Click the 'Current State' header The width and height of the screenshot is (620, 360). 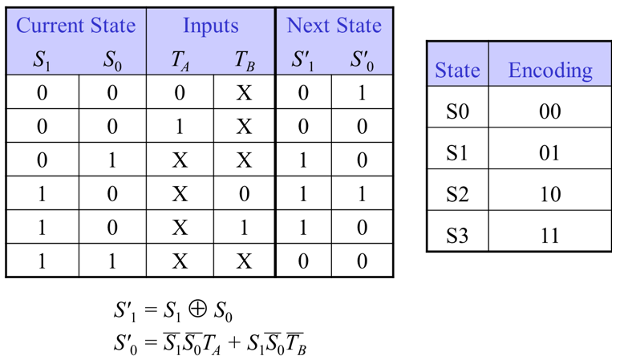coord(75,25)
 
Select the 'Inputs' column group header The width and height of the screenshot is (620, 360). coord(210,25)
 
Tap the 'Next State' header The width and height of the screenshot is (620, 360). coord(334,25)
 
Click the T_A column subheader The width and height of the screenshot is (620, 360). coord(180,60)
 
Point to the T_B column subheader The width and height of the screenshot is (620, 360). coord(244,60)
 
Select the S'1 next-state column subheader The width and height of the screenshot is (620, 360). coord(302,60)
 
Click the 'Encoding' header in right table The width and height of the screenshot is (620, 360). coord(550,71)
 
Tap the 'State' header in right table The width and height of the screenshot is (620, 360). coord(456,71)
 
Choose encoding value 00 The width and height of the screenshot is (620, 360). coord(550,111)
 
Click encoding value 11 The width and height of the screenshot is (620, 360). coord(550,236)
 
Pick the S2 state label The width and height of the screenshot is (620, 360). coord(457,194)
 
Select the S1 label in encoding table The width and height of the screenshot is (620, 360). coord(457,152)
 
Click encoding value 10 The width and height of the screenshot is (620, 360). coord(550,194)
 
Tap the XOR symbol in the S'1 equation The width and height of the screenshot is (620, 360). coord(196,309)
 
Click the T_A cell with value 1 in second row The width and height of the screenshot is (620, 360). coord(180,127)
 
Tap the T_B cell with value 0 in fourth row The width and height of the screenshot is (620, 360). coord(244,193)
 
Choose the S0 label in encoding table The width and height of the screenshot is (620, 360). coord(457,111)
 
